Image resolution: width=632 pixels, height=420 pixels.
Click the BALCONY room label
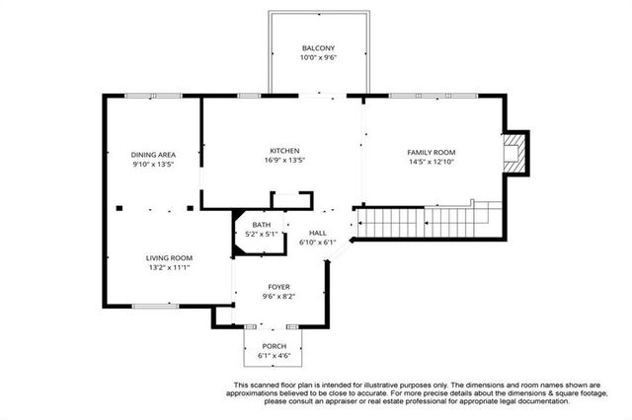318,48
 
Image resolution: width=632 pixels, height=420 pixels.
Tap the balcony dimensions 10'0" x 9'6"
318,57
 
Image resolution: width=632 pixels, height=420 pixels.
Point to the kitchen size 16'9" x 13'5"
284,161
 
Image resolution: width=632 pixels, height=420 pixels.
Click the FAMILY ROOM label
432,152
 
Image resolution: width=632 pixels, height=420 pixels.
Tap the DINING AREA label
153,155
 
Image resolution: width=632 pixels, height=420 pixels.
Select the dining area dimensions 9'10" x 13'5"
153,165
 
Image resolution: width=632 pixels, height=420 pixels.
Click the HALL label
317,232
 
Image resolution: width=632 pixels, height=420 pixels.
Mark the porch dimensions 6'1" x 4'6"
274,356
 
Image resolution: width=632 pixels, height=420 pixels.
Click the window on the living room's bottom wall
155,306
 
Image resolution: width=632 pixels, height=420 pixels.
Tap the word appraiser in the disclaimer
334,401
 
